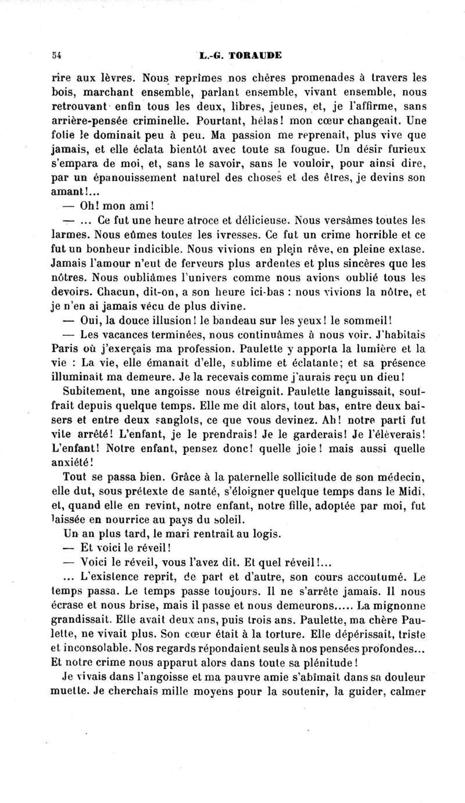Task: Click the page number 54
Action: [56, 56]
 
